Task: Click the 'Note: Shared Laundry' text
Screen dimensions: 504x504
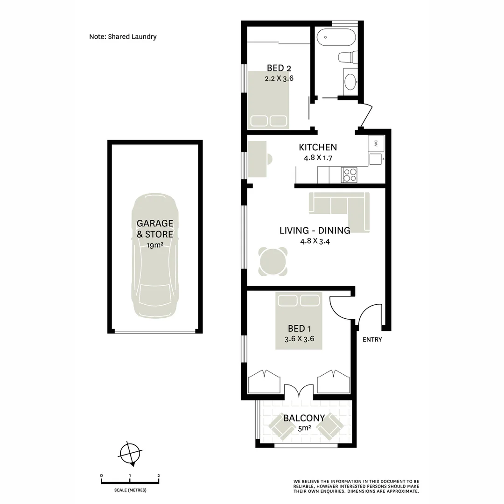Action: point(123,36)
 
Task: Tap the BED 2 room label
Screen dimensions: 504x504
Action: point(279,68)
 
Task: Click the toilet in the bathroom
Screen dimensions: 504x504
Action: point(347,57)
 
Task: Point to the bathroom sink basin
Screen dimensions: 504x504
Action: point(350,82)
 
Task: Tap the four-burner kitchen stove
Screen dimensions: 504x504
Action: point(350,175)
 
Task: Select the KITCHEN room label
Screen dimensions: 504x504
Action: point(317,147)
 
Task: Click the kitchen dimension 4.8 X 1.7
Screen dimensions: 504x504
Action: point(317,158)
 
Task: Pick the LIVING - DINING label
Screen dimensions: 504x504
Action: point(315,231)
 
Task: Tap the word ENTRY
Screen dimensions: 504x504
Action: point(372,340)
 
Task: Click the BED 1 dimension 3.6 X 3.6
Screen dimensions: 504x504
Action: point(299,339)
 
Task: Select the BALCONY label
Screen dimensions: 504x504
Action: point(304,418)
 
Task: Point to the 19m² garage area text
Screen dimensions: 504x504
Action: point(154,245)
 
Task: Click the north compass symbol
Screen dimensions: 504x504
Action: point(130,453)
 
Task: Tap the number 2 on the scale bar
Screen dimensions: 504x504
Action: point(159,476)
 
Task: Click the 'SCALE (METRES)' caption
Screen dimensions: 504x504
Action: point(130,490)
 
